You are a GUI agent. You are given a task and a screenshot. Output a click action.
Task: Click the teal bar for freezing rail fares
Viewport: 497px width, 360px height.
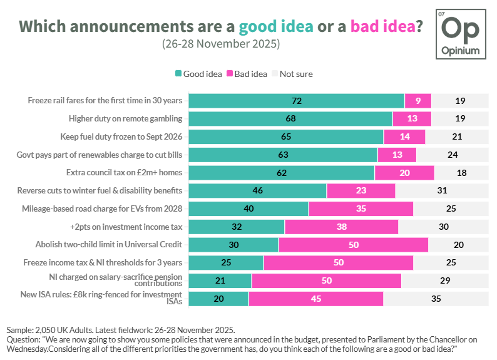point(296,101)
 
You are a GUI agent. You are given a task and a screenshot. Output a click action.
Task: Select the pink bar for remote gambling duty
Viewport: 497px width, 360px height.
point(411,119)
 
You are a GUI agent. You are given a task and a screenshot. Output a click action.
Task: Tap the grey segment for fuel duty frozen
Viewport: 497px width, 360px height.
point(456,136)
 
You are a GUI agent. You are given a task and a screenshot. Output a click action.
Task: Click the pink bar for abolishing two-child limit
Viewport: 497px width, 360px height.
point(353,245)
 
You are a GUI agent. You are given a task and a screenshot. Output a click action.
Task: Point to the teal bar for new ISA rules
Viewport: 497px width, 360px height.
point(218,299)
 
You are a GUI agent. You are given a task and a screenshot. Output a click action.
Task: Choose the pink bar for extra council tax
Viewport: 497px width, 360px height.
point(404,173)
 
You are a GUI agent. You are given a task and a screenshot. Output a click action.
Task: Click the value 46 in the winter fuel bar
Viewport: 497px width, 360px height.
point(257,190)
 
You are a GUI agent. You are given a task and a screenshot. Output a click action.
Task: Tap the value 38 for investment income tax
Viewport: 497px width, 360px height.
point(341,227)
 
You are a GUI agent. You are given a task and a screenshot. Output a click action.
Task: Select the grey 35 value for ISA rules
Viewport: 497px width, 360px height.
point(436,299)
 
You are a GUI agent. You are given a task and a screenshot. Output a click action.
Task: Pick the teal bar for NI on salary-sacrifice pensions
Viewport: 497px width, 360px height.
point(220,280)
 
